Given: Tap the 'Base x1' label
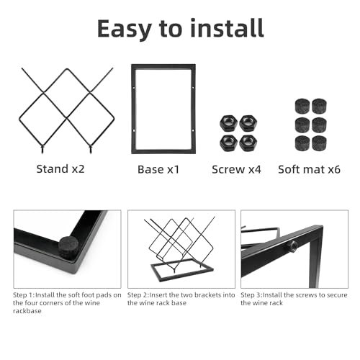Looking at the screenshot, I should click(x=158, y=170).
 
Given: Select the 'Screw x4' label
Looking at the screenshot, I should click(x=236, y=170).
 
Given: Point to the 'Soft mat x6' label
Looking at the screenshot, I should click(x=309, y=170).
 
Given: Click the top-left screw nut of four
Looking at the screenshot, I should click(x=228, y=122).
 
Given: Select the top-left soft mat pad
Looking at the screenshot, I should click(x=300, y=106).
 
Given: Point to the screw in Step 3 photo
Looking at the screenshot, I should click(x=294, y=247).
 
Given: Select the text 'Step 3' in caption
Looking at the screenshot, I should click(x=252, y=295).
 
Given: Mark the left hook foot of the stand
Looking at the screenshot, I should click(x=42, y=149).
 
